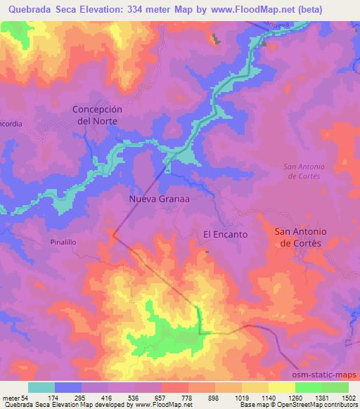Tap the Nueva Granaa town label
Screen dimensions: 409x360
point(160,199)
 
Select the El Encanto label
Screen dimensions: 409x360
point(225,234)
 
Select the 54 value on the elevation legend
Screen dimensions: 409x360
point(25,398)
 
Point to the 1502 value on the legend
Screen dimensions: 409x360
point(349,398)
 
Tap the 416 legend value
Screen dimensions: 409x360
point(107,398)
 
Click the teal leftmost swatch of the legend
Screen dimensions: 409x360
point(41,387)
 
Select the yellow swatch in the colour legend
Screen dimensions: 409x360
point(281,387)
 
